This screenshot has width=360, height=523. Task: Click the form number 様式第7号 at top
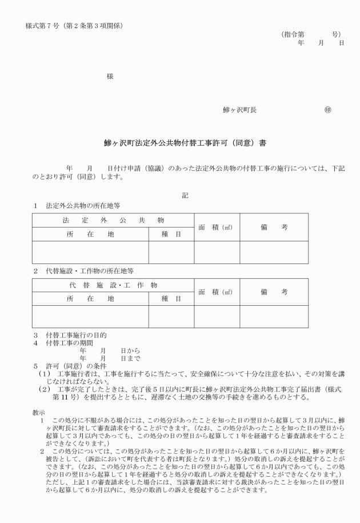74,26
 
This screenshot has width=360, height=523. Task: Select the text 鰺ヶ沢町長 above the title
239,110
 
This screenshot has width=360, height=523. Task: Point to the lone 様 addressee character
110,76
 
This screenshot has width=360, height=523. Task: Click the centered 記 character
185,195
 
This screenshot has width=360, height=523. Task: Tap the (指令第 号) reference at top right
311,34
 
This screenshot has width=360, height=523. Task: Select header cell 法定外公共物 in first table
113,220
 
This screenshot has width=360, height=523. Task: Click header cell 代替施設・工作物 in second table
113,285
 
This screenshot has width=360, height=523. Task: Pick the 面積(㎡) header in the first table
216,227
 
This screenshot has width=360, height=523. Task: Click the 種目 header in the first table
171,234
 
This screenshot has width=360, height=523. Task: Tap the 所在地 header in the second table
90,299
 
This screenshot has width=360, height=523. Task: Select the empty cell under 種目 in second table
171,317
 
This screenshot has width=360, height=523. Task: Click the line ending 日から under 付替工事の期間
110,350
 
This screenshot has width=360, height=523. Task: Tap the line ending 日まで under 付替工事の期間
110,357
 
